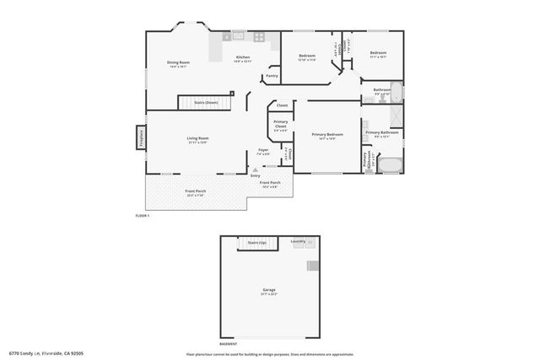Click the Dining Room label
(178, 62)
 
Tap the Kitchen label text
(243, 58)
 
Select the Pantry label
(272, 76)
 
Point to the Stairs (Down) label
(206, 101)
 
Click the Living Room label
(197, 138)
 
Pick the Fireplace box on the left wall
(141, 137)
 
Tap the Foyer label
(263, 149)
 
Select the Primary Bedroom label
(327, 134)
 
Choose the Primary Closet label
(280, 125)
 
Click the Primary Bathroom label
(382, 132)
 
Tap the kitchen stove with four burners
(259, 37)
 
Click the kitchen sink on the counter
(238, 37)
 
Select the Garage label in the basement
(269, 289)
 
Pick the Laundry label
(298, 242)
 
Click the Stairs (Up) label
(256, 242)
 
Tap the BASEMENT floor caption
(228, 344)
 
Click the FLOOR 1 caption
(143, 216)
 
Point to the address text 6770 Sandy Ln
(46, 353)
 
